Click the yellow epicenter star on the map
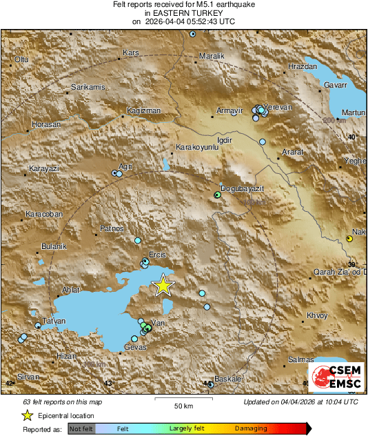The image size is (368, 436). [163, 285]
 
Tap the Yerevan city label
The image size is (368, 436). [280, 108]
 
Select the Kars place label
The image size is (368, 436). [130, 52]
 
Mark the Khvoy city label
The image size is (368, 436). [316, 315]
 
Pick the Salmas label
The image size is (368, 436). [301, 359]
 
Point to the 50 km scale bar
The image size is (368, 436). [182, 399]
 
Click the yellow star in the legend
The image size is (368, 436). [27, 415]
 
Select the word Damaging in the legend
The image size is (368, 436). [251, 428]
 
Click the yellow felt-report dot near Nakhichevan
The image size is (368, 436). [349, 239]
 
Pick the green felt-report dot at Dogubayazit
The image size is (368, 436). [217, 195]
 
